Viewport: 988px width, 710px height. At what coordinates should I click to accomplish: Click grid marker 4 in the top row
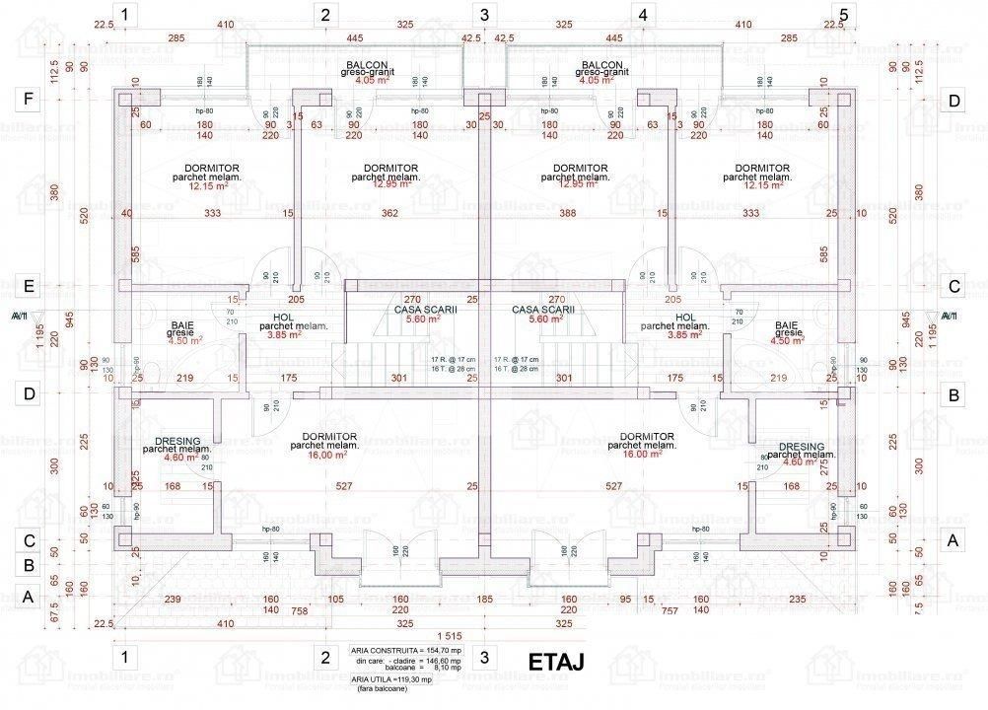click(x=643, y=15)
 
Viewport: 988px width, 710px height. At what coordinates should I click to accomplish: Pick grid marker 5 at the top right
click(x=844, y=15)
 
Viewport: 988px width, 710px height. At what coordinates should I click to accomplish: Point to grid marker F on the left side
click(x=30, y=100)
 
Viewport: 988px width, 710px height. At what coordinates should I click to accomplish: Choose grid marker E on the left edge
click(x=30, y=287)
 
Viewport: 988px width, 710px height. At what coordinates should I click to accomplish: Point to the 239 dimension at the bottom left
click(x=172, y=600)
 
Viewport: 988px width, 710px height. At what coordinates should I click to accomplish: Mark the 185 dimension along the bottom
click(x=484, y=600)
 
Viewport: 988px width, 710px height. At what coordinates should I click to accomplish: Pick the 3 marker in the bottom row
click(x=483, y=656)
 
